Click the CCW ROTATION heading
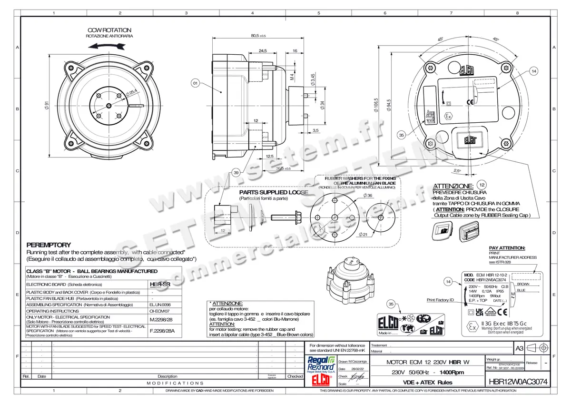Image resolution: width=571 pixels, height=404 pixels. click(x=109, y=30)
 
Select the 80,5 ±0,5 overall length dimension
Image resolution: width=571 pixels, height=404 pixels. click(x=258, y=36)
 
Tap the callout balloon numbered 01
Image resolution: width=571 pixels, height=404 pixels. click(x=195, y=84)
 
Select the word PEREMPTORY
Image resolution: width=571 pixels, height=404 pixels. click(x=49, y=245)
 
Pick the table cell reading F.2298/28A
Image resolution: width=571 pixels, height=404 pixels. click(x=159, y=330)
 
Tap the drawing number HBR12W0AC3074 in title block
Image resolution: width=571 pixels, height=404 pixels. click(x=518, y=382)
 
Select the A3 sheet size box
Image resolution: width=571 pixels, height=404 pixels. click(x=520, y=348)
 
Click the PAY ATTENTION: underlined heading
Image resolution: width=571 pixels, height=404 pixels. click(x=507, y=248)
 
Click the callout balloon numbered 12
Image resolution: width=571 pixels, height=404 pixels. click(x=482, y=185)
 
